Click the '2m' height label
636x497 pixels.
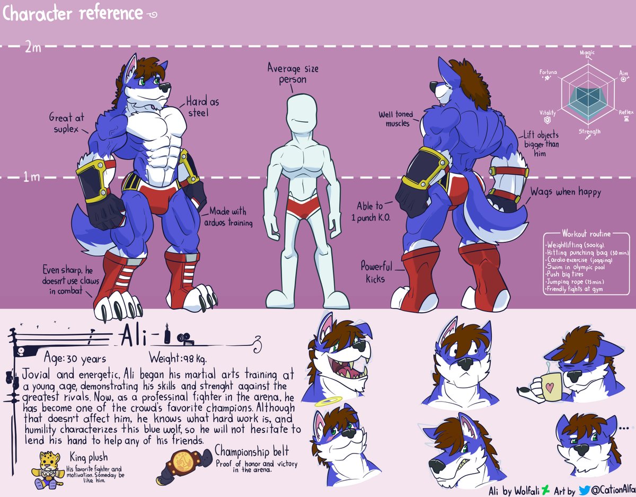tap(32, 47)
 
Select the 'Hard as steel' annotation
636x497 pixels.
tap(202, 106)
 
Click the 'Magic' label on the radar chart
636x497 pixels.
tap(587, 54)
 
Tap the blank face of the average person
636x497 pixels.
tap(299, 115)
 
